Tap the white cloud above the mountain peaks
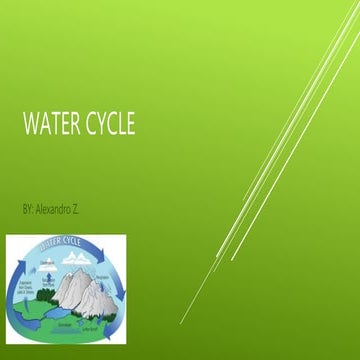pos(74,257)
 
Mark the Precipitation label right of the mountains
pos(100,279)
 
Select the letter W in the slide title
pos(30,126)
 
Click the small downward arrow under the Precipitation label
pos(100,288)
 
